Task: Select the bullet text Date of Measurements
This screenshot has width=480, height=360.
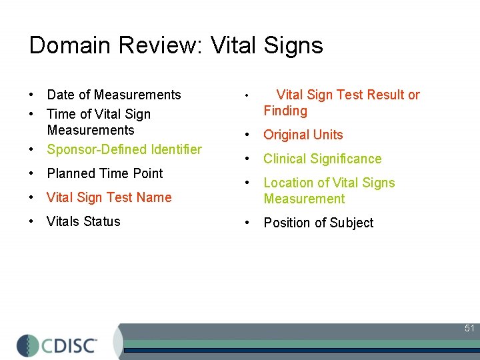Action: [x=114, y=95]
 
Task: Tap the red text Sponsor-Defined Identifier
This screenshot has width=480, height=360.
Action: [x=124, y=149]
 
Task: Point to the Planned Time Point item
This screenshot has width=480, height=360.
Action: [x=105, y=173]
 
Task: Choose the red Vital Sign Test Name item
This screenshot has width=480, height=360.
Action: [x=109, y=197]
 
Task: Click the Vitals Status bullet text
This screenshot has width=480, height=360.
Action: [x=83, y=221]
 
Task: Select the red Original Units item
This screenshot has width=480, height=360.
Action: [x=303, y=135]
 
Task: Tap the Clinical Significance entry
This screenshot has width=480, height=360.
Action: [x=323, y=159]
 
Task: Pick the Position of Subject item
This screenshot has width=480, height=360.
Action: [x=319, y=223]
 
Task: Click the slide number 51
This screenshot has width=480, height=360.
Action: [x=469, y=328]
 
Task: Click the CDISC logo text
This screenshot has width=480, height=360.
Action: [x=70, y=345]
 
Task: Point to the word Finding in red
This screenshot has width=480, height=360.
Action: [x=285, y=111]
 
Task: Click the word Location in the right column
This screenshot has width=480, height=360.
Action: [x=289, y=183]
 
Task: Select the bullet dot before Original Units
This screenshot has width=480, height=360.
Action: [x=247, y=135]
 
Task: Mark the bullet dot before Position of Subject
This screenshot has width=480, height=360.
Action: [x=247, y=223]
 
